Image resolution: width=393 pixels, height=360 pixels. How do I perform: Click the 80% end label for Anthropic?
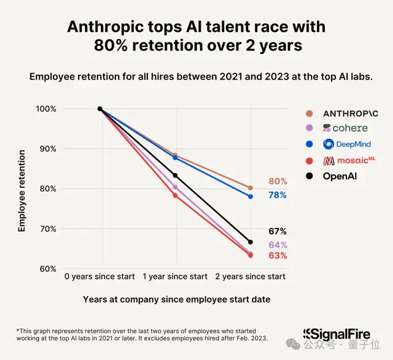click(x=278, y=182)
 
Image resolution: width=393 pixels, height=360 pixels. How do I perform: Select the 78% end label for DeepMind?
click(x=278, y=195)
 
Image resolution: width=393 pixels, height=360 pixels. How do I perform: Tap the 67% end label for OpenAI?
click(x=278, y=231)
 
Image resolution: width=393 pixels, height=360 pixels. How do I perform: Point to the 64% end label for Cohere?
click(x=278, y=245)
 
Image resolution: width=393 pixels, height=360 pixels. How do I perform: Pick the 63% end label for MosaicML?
click(x=278, y=256)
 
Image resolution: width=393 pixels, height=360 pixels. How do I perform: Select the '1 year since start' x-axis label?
click(x=175, y=277)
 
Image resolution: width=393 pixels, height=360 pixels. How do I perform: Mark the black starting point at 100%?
click(x=100, y=109)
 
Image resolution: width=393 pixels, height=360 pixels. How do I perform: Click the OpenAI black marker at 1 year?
click(x=175, y=176)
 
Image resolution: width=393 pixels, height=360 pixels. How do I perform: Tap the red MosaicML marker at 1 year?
click(x=175, y=196)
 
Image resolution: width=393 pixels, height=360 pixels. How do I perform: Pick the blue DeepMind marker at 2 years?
click(x=250, y=197)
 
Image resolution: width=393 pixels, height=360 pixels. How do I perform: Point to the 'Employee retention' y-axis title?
click(x=21, y=189)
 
